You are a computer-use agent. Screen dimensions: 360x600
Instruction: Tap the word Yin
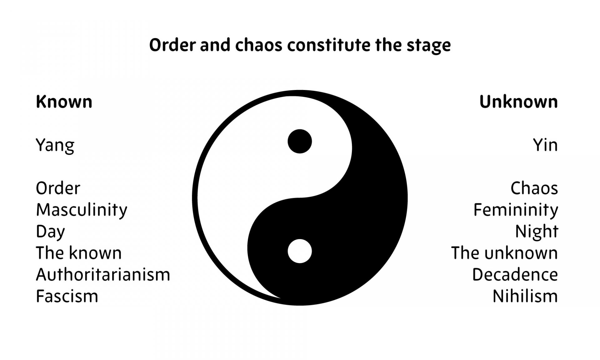[x=545, y=145]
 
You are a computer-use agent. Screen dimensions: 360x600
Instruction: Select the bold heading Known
[x=64, y=102]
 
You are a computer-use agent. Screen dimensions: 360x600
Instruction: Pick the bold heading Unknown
[x=518, y=102]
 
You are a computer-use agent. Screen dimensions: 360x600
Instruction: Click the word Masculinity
[x=82, y=210]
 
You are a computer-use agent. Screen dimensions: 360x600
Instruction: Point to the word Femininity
[x=516, y=210]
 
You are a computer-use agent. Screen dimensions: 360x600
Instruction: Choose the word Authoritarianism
[x=103, y=275]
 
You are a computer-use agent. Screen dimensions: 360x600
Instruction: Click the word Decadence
[x=515, y=275]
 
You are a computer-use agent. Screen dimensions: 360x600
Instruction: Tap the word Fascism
[x=67, y=296]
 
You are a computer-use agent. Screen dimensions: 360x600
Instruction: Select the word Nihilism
[x=525, y=296]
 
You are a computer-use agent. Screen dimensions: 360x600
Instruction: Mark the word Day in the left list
[x=50, y=232]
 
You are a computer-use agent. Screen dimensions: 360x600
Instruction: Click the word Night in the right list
[x=537, y=232]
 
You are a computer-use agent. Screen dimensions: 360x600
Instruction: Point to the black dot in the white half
[x=300, y=141]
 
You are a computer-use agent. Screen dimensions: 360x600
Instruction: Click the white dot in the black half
[x=300, y=251]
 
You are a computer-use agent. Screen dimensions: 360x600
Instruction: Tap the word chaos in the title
[x=259, y=45]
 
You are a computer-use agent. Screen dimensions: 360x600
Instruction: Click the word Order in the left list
[x=58, y=188]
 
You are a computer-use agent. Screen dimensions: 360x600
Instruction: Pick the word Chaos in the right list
[x=534, y=188]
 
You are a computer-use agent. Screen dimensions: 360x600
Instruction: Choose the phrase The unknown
[x=504, y=253]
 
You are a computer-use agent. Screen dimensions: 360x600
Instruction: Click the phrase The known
[x=79, y=253]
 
